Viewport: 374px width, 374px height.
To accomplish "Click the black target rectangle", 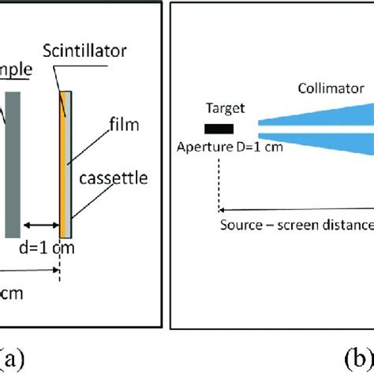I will [218, 129].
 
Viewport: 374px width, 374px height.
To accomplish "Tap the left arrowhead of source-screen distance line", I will [222, 210].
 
